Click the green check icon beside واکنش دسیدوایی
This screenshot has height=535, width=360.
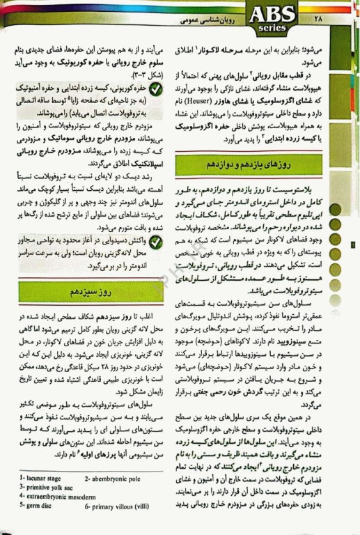point(156,245)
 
